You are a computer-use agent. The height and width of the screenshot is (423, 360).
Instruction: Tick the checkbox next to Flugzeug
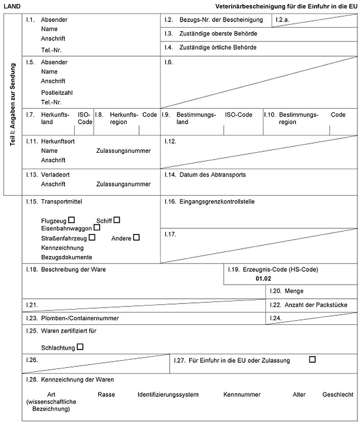(72, 220)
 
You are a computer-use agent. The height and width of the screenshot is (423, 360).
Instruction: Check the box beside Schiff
(117, 220)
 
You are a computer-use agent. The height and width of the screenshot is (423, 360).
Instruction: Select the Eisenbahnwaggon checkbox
(97, 228)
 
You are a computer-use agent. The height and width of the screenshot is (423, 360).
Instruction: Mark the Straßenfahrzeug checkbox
(92, 237)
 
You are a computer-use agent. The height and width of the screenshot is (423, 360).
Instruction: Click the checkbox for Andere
(136, 237)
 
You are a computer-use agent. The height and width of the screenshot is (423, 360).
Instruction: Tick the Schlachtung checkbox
(80, 347)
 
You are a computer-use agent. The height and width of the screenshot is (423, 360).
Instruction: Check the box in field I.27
(312, 360)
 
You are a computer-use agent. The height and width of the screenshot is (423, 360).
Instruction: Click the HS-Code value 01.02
(263, 279)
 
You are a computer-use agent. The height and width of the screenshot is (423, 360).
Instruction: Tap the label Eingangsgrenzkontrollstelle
(217, 202)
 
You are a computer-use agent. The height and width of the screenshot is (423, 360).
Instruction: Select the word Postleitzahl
(57, 92)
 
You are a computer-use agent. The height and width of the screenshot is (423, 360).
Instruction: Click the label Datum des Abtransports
(212, 175)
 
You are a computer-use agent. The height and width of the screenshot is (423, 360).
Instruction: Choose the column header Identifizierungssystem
(168, 395)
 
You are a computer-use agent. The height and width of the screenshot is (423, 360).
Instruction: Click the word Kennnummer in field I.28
(242, 395)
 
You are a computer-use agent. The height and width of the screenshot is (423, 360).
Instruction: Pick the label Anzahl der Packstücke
(314, 305)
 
